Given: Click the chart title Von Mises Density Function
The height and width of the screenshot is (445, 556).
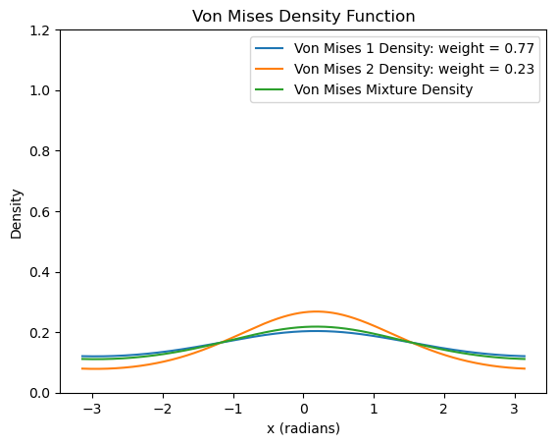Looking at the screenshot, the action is (x=304, y=17).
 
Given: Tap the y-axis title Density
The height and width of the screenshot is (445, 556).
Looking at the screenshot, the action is (x=17, y=214).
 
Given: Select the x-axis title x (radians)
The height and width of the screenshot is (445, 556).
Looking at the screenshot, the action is (x=304, y=428).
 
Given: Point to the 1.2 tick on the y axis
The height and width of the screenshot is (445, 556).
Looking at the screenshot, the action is (x=39, y=30).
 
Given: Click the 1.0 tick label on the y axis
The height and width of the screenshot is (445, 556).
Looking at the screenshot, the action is (x=39, y=91).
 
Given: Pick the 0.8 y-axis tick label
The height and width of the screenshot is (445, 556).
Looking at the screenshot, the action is (x=39, y=151).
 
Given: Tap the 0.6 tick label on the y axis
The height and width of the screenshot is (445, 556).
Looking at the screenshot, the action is (x=39, y=211).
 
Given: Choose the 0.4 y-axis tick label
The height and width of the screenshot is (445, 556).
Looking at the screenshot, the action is (x=39, y=272).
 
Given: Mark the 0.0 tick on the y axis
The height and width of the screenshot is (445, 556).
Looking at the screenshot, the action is (x=39, y=393).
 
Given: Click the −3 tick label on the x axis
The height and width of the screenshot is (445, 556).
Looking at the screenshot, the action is (x=92, y=409).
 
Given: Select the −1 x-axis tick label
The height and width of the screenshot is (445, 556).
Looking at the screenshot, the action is (x=233, y=409).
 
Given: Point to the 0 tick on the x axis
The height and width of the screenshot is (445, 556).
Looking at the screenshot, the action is (x=304, y=409).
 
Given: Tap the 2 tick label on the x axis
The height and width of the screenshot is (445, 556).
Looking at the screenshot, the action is (x=444, y=409).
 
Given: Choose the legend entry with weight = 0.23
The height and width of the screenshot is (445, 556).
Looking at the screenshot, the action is (x=414, y=69).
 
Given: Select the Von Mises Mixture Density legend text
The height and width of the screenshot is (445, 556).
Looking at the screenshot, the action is (x=383, y=89).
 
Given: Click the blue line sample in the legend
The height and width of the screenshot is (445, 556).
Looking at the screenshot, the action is (x=270, y=48).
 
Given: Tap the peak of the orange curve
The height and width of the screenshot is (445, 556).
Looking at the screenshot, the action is (x=316, y=311).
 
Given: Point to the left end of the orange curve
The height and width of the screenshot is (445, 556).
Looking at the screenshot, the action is (x=82, y=368).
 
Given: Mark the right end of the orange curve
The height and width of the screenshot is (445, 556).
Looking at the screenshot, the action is (x=525, y=368).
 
